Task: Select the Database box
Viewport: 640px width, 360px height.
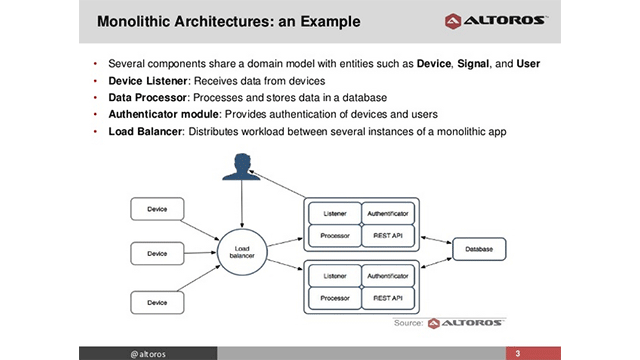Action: tap(481, 247)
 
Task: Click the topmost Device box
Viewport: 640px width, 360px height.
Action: tap(157, 210)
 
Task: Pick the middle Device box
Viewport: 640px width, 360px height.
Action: tap(157, 254)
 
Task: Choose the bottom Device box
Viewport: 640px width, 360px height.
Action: tap(157, 301)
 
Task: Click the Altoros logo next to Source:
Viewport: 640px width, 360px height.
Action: tap(466, 324)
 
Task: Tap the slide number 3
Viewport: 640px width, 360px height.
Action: tap(518, 353)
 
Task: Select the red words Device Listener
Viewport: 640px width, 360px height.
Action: tap(146, 81)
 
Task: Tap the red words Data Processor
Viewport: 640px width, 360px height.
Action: tap(146, 98)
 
